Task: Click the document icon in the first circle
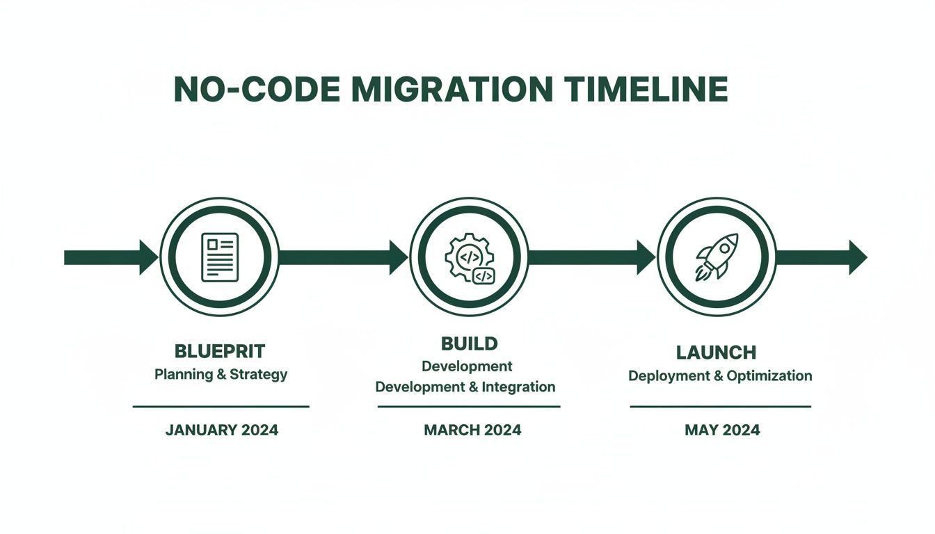tap(219, 257)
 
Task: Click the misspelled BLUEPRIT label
tap(220, 351)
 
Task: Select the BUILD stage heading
tap(469, 343)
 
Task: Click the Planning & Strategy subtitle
tap(221, 375)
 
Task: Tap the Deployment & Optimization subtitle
tap(719, 376)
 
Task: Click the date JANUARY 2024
tap(221, 430)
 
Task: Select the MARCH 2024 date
tap(472, 430)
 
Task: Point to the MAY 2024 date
tap(721, 430)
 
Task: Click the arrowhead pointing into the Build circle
tap(398, 257)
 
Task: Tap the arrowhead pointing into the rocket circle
tap(646, 257)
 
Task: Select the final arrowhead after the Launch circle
tap(857, 257)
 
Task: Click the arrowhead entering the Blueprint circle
tap(149, 257)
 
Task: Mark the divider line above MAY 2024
tap(720, 407)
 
